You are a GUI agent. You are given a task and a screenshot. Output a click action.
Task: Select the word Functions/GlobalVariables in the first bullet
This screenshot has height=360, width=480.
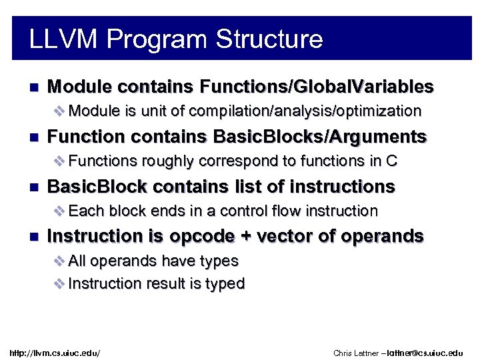(317, 87)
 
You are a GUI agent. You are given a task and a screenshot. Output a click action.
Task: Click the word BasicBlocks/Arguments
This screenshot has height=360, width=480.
(319, 137)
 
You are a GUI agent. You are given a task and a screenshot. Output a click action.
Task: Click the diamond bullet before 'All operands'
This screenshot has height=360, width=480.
(57, 260)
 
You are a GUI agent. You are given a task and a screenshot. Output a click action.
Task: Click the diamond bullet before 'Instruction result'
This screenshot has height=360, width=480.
(57, 283)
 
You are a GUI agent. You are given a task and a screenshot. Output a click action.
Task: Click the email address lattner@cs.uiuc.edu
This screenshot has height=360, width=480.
(424, 352)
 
